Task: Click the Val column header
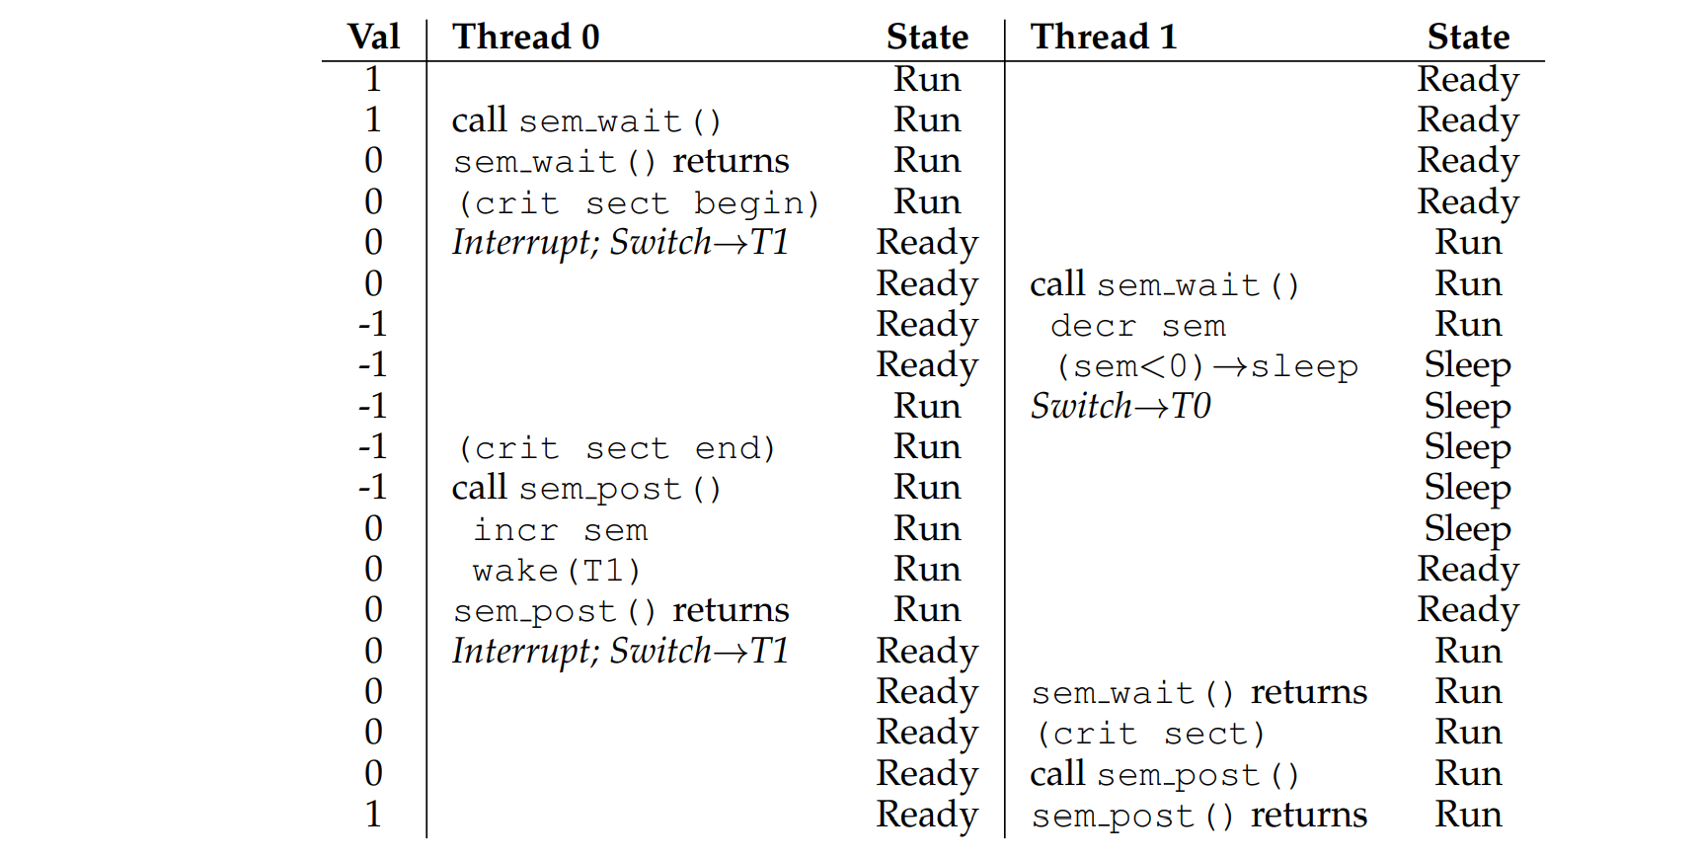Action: coord(373,38)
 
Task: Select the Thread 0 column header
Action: coord(525,38)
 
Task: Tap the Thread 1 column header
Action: coord(1103,38)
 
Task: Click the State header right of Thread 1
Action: coord(1468,38)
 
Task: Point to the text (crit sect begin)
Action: coord(638,202)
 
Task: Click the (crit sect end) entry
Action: coord(616,448)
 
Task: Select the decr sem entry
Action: coord(1137,326)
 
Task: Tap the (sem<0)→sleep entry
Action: coord(1206,366)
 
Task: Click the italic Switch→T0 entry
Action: coord(1120,407)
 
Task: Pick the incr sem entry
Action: coord(560,530)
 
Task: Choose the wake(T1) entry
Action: coord(556,571)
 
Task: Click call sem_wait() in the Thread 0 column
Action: coord(586,120)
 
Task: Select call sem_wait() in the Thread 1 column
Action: coord(1164,284)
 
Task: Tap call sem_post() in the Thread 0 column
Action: coord(586,489)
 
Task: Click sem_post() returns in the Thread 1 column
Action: coord(1198,816)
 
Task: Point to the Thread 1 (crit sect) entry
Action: coord(1150,734)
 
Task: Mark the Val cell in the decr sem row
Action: coord(372,325)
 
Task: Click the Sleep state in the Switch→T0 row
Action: coord(1467,407)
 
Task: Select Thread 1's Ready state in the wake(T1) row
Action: coord(1468,570)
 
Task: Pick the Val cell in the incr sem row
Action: coord(373,529)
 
